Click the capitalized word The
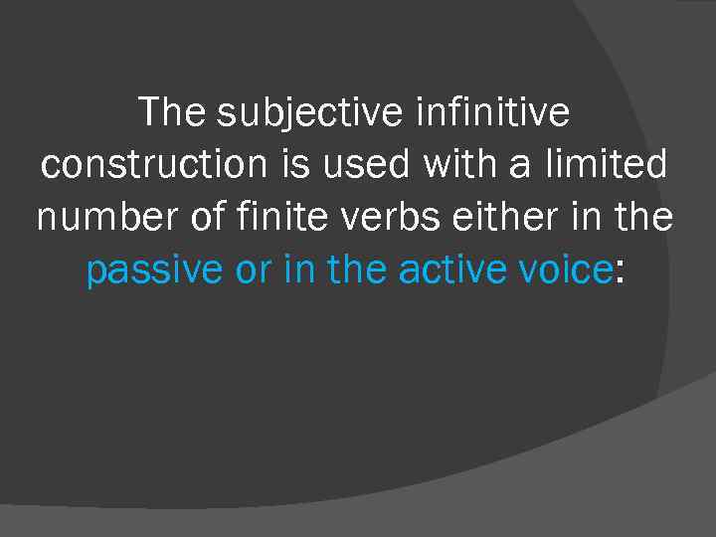click(173, 112)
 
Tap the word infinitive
click(489, 112)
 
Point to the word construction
click(154, 165)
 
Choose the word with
click(461, 165)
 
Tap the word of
click(208, 218)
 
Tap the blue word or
click(253, 270)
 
